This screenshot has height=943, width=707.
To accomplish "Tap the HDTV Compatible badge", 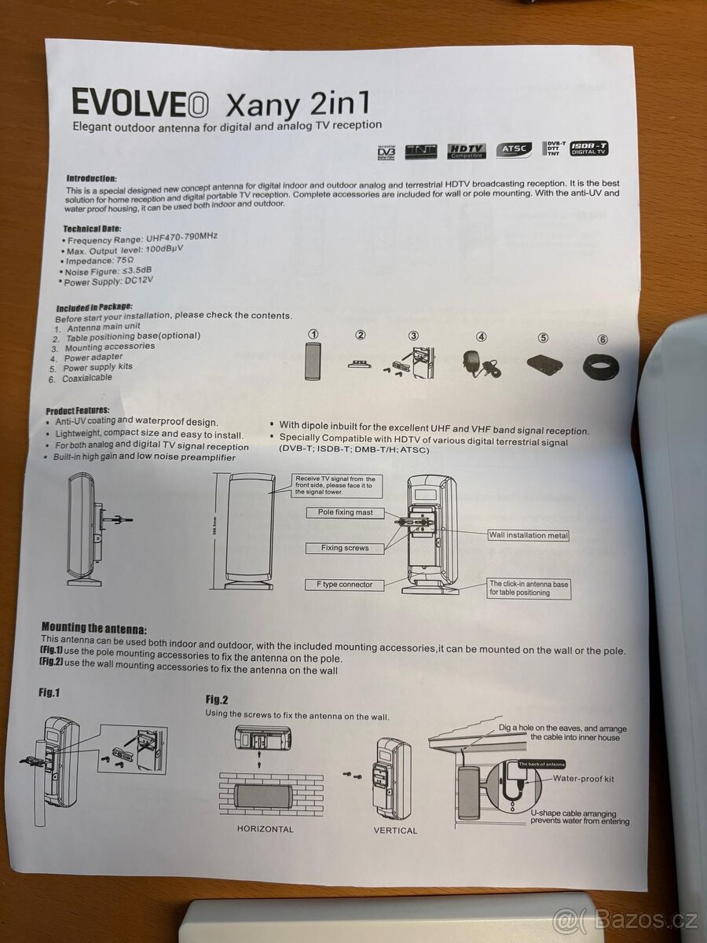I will (467, 151).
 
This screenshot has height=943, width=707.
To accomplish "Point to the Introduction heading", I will (91, 178).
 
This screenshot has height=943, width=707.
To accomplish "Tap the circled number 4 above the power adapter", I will (482, 337).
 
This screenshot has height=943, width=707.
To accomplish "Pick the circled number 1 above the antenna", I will (313, 335).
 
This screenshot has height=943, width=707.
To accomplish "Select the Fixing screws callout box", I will (344, 548).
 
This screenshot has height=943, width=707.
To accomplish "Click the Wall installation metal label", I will (528, 535).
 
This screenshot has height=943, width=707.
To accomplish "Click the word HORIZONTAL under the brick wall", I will (265, 829).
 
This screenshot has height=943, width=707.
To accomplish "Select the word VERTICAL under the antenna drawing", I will (395, 830).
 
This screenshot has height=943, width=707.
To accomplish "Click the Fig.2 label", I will (217, 699).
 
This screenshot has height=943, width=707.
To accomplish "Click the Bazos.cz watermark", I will (625, 917).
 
